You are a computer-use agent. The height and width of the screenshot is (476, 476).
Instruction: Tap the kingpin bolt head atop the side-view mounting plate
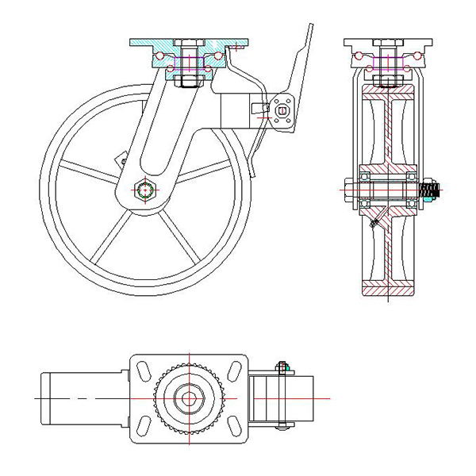189,42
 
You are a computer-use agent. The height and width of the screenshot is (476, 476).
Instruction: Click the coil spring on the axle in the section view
430,190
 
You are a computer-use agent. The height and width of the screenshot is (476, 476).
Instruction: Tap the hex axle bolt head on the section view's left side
349,189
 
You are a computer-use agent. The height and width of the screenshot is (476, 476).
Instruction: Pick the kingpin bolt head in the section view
386,44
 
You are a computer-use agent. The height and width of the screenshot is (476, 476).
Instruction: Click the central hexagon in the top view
188,397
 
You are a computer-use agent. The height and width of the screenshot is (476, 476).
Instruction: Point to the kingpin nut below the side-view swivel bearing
189,80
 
